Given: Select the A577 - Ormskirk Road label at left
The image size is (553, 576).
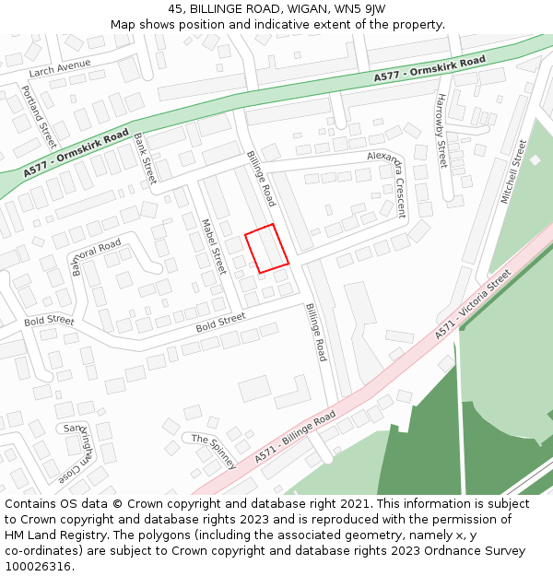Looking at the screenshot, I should point(76,154).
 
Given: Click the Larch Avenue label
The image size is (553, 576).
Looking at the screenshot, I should point(60,66).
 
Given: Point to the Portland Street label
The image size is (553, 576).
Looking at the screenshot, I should point(38,116).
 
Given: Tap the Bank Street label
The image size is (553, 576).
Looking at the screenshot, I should point(145,159).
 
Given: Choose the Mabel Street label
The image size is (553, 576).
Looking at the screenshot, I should point(213,246).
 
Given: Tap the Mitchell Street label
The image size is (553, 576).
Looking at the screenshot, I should point(512,171).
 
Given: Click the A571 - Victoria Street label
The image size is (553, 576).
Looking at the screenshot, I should point(473,304).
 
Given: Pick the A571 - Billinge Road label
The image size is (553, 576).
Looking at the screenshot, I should point(295,438).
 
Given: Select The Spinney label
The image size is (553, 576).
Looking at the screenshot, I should point(214,450).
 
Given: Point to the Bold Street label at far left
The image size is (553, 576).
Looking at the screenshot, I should point(49,321).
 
